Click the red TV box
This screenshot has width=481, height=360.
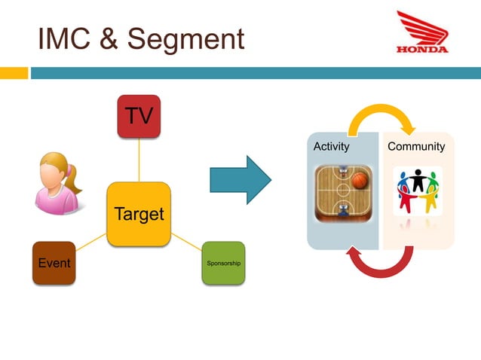pyautogui.click(x=139, y=116)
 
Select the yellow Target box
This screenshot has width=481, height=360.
pyautogui.click(x=139, y=214)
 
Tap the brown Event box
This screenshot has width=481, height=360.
pyautogui.click(x=54, y=263)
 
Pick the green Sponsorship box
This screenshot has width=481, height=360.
pyautogui.click(x=223, y=263)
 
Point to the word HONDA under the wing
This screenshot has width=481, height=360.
pyautogui.click(x=421, y=50)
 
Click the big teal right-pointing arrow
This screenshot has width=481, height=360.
pyautogui.click(x=240, y=180)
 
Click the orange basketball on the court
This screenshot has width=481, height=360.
pyautogui.click(x=360, y=181)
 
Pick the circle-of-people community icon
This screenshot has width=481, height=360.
pyautogui.click(x=418, y=191)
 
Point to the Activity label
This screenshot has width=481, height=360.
pyautogui.click(x=332, y=146)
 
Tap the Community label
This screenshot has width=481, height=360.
pyautogui.click(x=416, y=146)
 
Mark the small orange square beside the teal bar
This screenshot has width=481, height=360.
pyautogui.click(x=13, y=73)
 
